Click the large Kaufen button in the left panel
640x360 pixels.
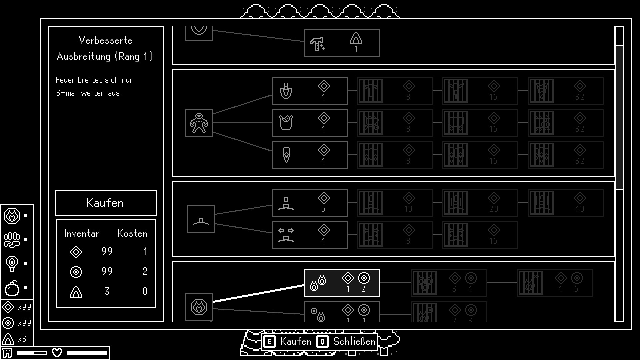(x=106, y=203)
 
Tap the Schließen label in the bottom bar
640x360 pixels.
(x=354, y=341)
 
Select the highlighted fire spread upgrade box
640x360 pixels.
(x=342, y=283)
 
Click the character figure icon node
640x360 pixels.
(x=199, y=123)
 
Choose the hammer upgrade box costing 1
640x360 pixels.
(x=342, y=43)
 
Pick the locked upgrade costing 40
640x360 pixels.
(x=566, y=203)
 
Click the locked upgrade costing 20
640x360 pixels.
(x=480, y=203)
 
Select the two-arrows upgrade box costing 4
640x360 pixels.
(x=310, y=235)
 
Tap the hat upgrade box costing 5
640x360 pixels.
(x=310, y=203)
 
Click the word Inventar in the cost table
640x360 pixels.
(x=82, y=233)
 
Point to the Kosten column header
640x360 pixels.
(x=132, y=233)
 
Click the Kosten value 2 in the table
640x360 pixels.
(x=145, y=271)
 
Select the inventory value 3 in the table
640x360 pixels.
(x=107, y=291)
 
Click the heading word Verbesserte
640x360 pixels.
(x=106, y=40)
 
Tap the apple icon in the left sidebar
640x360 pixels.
(x=12, y=288)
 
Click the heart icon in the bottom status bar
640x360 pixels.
(x=57, y=352)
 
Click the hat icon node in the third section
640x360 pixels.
(x=201, y=219)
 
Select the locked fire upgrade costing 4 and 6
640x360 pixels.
(x=555, y=283)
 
